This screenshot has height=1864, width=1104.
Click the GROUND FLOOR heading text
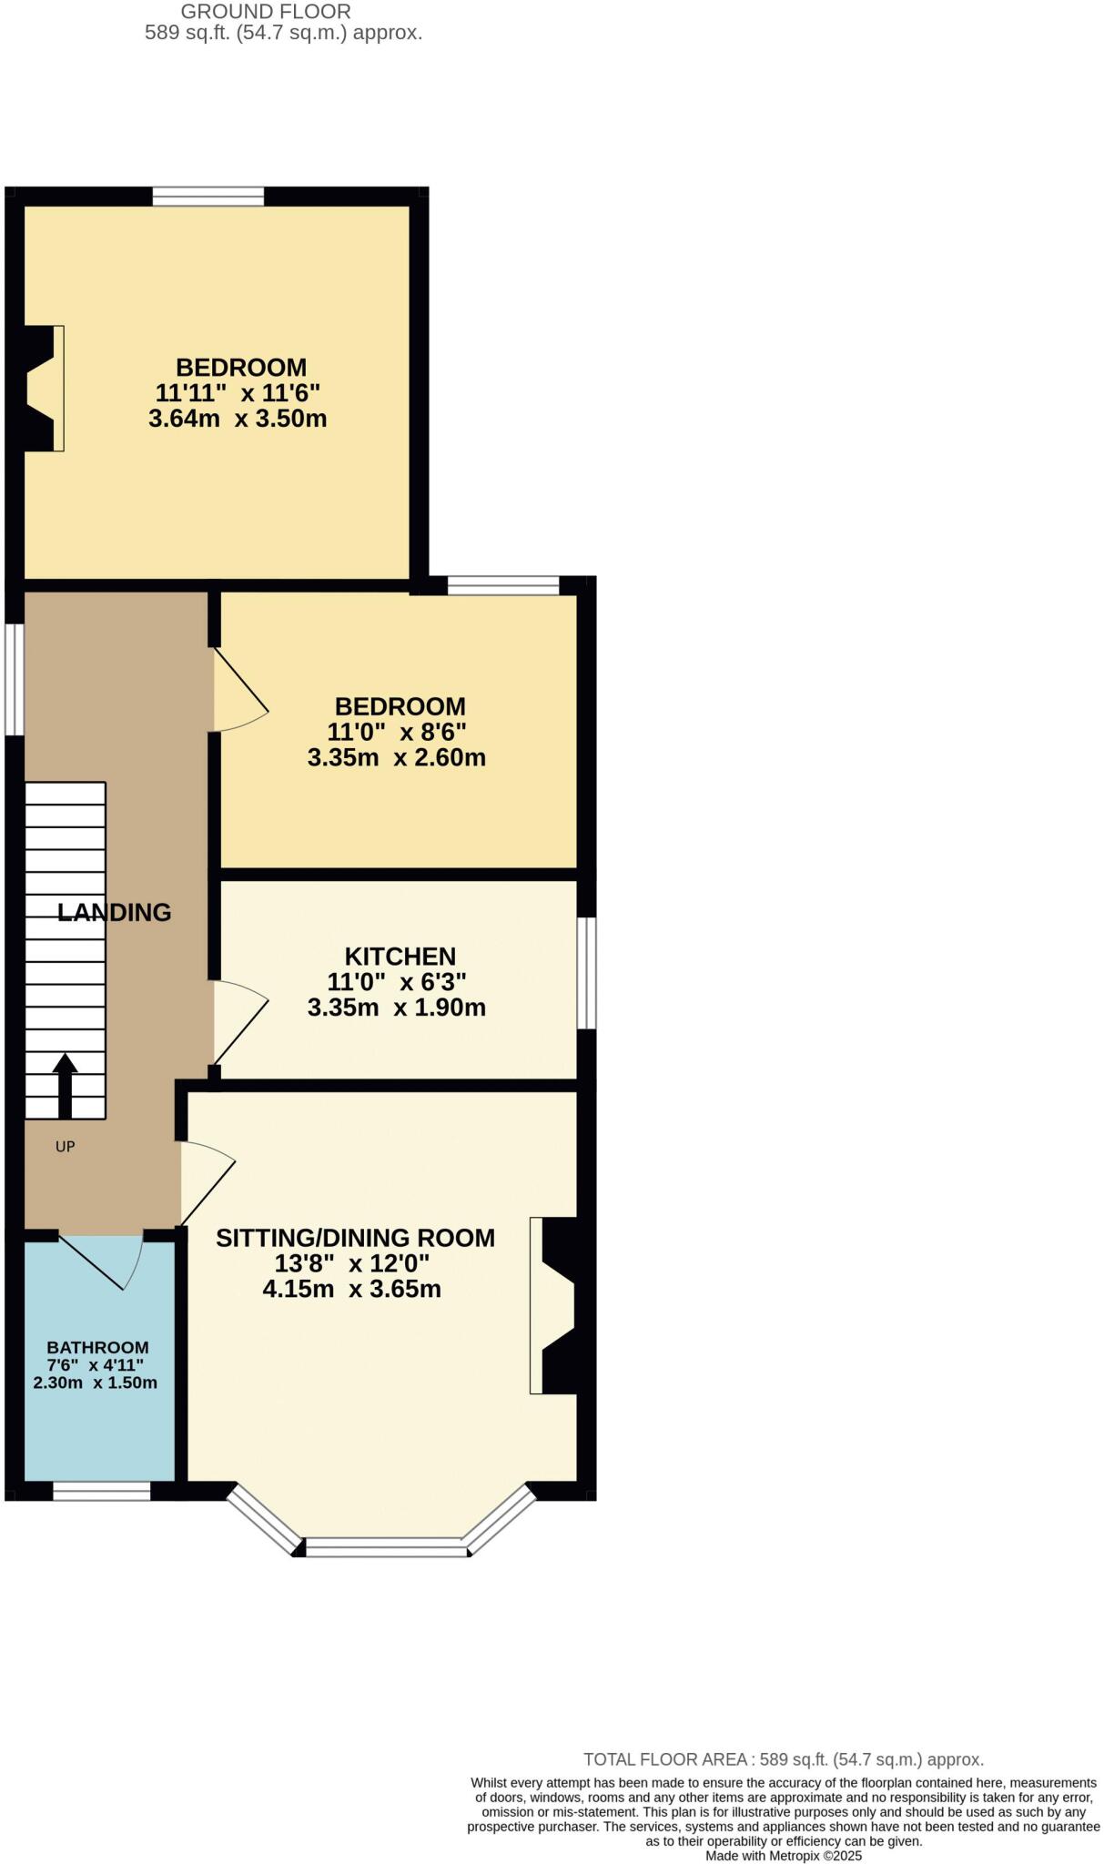[266, 12]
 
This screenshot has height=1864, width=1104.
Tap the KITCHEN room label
[400, 957]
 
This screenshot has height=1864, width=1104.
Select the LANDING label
[115, 912]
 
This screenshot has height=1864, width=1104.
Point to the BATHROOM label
[97, 1347]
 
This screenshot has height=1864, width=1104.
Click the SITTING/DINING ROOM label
[355, 1238]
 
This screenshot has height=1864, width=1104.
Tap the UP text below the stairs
[65, 1147]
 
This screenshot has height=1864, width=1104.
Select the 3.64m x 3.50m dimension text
[238, 419]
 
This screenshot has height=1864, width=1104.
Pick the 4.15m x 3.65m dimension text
[351, 1289]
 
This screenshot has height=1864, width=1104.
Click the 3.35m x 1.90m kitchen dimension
[396, 1008]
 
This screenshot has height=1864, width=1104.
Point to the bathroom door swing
[105, 1260]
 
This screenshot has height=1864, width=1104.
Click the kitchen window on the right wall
[588, 973]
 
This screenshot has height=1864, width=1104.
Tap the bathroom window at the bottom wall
[101, 1491]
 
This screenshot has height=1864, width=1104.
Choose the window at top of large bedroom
[208, 196]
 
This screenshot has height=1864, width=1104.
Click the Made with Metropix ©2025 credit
[784, 1855]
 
